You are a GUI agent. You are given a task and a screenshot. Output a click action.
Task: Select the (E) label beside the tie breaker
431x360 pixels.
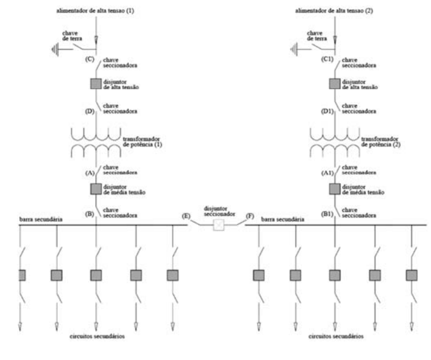click(x=186, y=216)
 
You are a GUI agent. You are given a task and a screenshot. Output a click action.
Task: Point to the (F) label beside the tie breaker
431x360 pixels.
click(x=250, y=216)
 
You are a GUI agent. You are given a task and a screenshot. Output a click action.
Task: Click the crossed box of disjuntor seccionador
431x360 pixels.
click(x=218, y=226)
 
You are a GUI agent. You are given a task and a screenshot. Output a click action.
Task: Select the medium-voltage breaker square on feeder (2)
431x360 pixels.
click(x=334, y=189)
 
